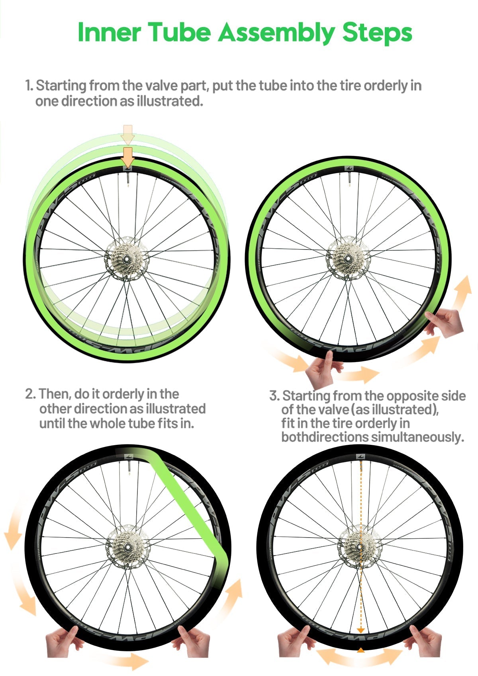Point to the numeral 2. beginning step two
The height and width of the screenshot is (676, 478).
pyautogui.click(x=31, y=394)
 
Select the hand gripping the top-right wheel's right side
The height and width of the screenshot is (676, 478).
pyautogui.click(x=444, y=322)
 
